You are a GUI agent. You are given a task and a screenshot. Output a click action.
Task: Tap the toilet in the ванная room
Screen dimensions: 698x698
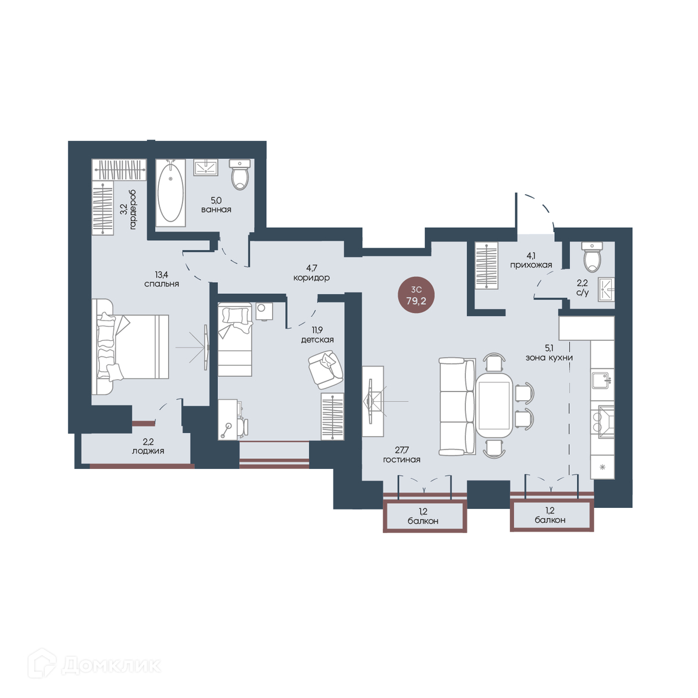tap(240, 174)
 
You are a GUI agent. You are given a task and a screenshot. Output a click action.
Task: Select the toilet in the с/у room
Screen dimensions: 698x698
tap(592, 257)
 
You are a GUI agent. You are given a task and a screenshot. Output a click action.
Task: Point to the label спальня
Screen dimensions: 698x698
tap(162, 284)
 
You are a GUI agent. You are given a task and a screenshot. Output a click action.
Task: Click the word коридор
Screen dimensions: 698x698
tap(312, 278)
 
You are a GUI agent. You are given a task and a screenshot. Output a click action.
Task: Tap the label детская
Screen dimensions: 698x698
tap(318, 340)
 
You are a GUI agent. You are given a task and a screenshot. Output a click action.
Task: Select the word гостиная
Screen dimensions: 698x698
tap(402, 460)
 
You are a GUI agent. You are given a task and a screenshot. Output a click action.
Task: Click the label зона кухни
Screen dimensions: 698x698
tap(549, 358)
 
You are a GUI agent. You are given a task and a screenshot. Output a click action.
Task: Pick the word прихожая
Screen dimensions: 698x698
tap(531, 265)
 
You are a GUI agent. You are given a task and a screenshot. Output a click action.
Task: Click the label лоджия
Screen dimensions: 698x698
tap(148, 451)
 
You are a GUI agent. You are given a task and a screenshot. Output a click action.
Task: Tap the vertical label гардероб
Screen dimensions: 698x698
tap(133, 209)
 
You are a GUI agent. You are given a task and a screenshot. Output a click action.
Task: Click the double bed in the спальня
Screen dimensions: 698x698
tap(130, 347)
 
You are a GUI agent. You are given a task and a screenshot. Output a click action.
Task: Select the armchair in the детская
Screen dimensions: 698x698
tap(325, 369)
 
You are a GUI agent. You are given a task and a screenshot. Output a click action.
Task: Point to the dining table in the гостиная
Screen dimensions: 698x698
tap(494, 405)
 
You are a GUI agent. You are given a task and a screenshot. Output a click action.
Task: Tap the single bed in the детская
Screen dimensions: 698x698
tap(235, 340)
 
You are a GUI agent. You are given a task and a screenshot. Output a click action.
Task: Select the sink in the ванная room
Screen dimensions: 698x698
tap(205, 168)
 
